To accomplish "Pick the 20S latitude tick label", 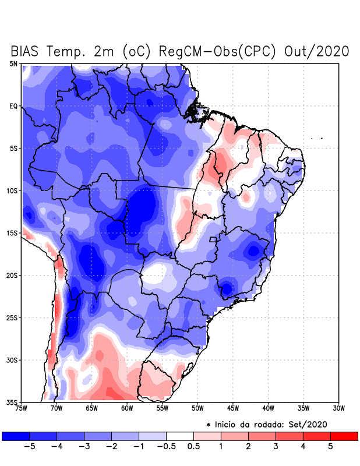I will pos(12,275).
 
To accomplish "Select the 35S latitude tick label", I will pos(12,402).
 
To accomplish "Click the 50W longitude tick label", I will pos(197,408).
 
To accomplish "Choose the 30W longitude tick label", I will pos(339,408).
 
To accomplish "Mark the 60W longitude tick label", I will pos(127,408).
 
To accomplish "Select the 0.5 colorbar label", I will pos(194,447).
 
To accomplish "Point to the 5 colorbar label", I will pos(330,447).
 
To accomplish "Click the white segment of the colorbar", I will pos(180,436).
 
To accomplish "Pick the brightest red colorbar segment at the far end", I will pos(344,436).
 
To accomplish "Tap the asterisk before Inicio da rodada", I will pos(209,425).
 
